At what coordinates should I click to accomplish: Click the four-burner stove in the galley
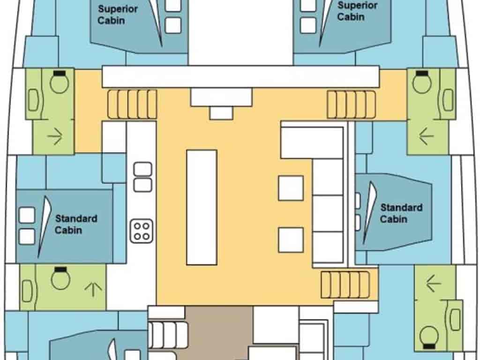(x=142, y=231)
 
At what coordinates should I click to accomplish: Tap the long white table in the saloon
(x=202, y=207)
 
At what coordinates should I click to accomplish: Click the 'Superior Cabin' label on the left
(x=118, y=15)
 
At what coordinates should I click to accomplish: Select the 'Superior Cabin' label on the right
(x=357, y=11)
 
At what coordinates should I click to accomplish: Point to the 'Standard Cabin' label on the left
(x=76, y=224)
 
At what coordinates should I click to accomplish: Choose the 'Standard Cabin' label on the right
(x=401, y=213)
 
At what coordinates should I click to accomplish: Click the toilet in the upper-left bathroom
(x=60, y=82)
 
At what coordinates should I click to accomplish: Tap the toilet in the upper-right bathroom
(x=422, y=82)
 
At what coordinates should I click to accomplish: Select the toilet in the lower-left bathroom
(x=60, y=278)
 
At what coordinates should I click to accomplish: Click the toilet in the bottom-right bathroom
(x=429, y=337)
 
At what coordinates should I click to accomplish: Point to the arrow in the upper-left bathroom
(x=55, y=136)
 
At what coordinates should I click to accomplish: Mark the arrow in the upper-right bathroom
(x=426, y=136)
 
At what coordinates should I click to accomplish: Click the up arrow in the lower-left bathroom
(x=93, y=289)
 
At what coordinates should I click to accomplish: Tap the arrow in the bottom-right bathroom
(x=434, y=284)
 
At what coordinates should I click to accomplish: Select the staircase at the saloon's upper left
(x=132, y=104)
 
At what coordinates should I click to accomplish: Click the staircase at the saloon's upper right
(x=351, y=105)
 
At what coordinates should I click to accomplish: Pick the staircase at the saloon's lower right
(x=345, y=285)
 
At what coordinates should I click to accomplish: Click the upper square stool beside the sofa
(x=291, y=188)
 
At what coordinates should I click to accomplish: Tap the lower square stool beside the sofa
(x=291, y=240)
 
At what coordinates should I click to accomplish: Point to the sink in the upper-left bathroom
(x=33, y=100)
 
